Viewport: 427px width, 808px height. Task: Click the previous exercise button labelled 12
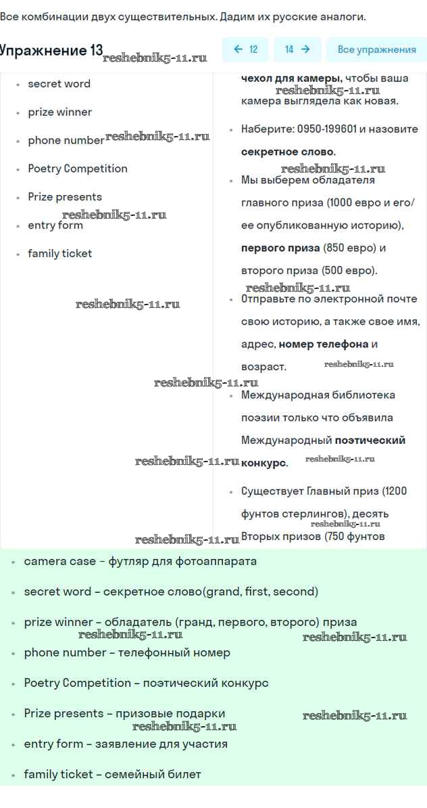point(245,49)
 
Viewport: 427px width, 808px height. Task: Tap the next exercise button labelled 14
point(297,49)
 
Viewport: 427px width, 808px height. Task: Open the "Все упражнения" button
point(376,49)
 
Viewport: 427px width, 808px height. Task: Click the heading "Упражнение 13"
point(51,51)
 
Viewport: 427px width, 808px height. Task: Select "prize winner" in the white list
point(59,112)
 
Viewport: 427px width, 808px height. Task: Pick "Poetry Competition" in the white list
point(77,169)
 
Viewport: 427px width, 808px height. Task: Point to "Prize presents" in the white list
point(65,197)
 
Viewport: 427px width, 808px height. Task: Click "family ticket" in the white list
point(59,254)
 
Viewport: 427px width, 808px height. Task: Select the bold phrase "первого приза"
point(280,248)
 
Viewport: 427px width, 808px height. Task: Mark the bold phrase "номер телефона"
point(324,344)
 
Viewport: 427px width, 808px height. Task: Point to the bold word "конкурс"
point(263,464)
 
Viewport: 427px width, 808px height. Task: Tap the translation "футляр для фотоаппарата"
point(182,562)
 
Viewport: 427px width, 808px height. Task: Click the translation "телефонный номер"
point(174,653)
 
